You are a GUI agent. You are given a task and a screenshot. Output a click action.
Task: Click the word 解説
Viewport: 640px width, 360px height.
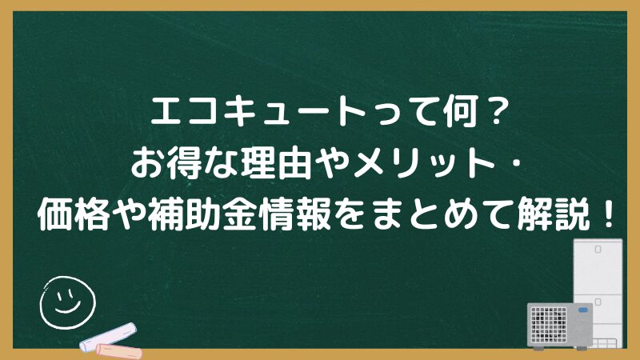coord(555,214)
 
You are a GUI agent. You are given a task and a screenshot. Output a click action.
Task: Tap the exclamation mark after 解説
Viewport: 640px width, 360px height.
coord(608,214)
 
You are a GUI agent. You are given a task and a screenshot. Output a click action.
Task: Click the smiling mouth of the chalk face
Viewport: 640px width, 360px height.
coord(67,307)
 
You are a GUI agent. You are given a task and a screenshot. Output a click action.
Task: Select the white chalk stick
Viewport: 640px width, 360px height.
coord(108,337)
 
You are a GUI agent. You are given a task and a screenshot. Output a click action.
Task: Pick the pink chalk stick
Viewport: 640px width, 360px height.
coord(118,352)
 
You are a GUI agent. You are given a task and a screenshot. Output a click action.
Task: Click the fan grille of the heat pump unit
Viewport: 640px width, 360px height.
coord(549,324)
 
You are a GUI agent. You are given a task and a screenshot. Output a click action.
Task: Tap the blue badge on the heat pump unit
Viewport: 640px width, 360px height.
coord(583,310)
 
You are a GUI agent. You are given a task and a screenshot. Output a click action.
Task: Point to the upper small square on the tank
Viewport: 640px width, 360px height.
coord(598,249)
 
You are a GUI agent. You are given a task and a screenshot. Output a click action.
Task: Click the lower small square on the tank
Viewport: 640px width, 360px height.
coord(598,302)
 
